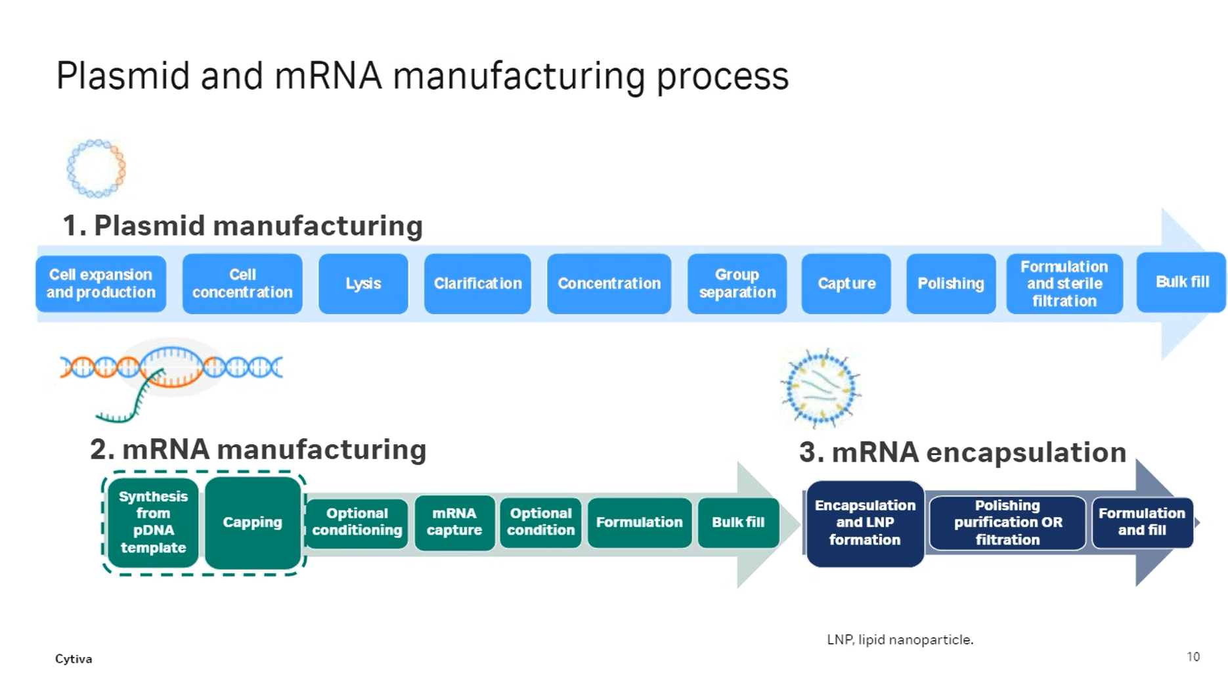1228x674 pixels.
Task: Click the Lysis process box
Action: (363, 284)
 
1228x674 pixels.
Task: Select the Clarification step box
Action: (477, 284)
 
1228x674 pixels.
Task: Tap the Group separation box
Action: (737, 284)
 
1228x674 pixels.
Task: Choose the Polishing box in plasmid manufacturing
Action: (951, 284)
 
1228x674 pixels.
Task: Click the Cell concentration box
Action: (242, 284)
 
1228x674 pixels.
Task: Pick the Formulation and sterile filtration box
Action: (1064, 284)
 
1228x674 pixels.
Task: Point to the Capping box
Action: (253, 522)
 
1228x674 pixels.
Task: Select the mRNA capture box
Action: (454, 522)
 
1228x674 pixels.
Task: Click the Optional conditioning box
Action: (357, 522)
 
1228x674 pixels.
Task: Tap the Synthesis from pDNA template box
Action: (153, 522)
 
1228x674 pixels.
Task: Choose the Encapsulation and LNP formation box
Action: (865, 523)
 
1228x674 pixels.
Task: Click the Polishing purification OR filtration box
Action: (1007, 523)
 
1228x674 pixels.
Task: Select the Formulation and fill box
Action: (1142, 522)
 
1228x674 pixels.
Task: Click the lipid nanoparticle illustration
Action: (820, 388)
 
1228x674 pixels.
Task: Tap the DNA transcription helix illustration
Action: (171, 378)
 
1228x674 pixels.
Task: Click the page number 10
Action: (1193, 657)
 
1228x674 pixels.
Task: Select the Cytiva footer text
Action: (74, 659)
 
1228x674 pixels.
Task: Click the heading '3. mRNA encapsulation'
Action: (963, 452)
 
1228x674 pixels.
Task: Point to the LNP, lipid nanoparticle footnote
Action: (900, 639)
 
